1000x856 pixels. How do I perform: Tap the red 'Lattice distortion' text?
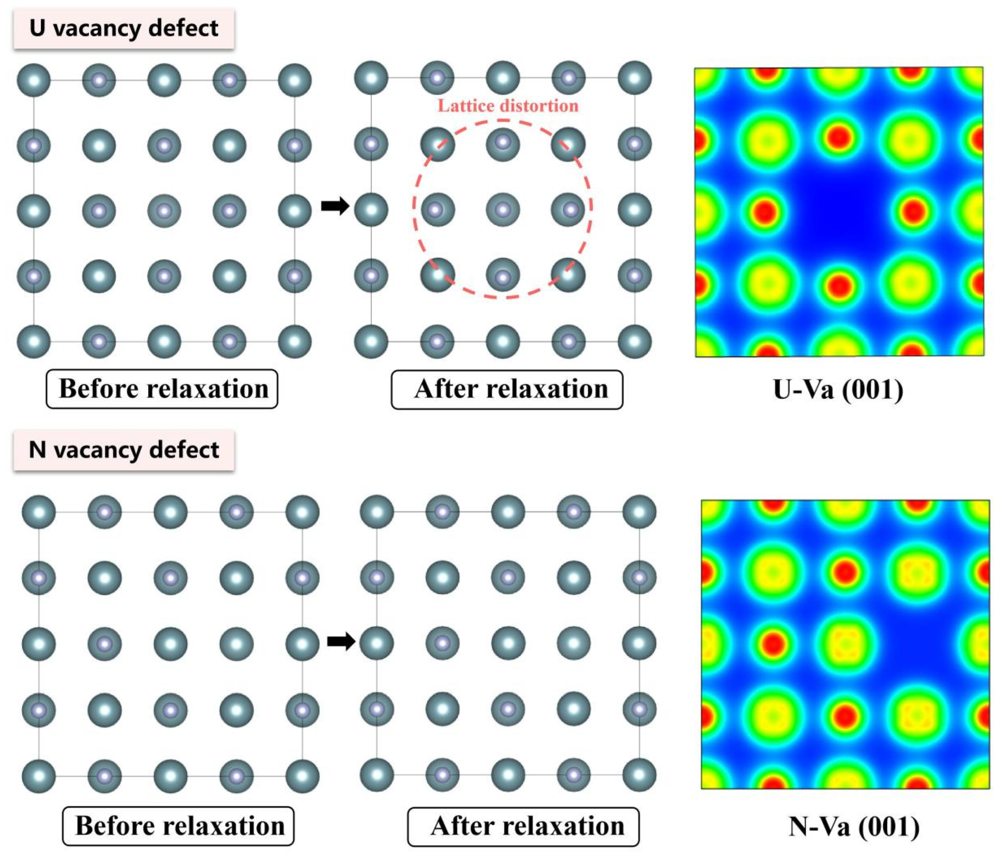(508, 106)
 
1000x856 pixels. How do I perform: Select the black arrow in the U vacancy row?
(335, 206)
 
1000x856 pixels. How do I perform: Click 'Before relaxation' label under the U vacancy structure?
(162, 389)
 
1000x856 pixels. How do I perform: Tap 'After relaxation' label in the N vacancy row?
(524, 826)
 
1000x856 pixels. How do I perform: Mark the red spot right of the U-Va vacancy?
(914, 211)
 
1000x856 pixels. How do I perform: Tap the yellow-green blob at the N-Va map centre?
(845, 644)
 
